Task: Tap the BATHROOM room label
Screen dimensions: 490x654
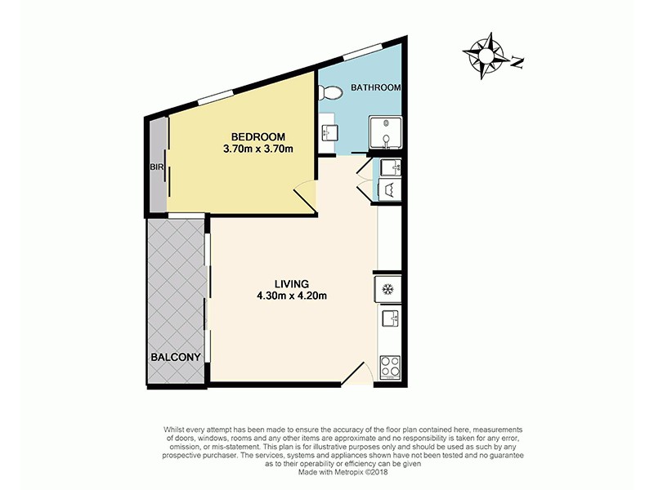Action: tap(375, 87)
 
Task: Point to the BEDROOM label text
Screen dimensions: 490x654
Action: tap(258, 136)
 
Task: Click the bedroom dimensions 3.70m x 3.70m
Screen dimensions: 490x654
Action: tap(258, 149)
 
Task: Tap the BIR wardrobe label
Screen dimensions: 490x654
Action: tap(157, 167)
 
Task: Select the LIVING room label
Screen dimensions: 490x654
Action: tap(293, 283)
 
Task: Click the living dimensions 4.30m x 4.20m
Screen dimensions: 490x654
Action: tap(293, 296)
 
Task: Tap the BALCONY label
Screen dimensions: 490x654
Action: tap(175, 357)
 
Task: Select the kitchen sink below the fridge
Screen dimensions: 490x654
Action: tap(388, 318)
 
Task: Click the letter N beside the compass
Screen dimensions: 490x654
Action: tap(517, 60)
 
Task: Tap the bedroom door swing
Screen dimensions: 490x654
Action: tap(304, 196)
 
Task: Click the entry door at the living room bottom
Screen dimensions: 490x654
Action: tap(356, 375)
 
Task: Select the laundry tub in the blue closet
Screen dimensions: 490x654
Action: tap(390, 168)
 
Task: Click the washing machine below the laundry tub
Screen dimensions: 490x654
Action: tap(389, 189)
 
